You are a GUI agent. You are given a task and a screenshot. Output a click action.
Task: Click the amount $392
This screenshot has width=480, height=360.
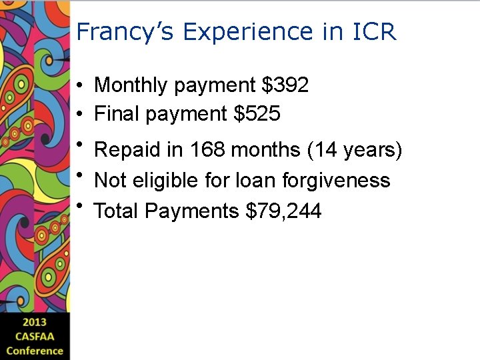pos(285,85)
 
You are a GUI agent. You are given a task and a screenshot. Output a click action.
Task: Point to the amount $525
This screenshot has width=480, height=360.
pos(257,115)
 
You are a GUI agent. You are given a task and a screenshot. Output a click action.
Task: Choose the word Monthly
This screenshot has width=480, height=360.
pos(131,85)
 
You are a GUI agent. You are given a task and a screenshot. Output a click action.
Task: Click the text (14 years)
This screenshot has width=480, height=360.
pos(355,150)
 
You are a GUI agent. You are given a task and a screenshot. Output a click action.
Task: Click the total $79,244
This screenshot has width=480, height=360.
pos(284,211)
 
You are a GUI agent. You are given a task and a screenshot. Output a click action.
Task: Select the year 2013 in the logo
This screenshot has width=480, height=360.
pos(35,323)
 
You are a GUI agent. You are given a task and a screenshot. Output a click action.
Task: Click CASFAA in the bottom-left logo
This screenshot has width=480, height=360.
pos(35,337)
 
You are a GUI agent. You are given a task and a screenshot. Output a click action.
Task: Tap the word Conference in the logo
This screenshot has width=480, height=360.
pos(35,351)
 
